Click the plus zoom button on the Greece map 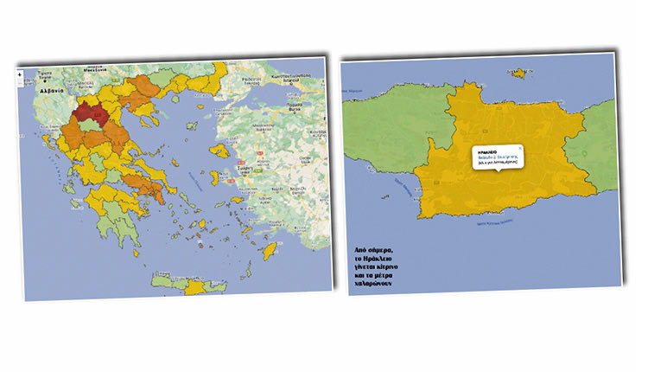coord(19,74)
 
